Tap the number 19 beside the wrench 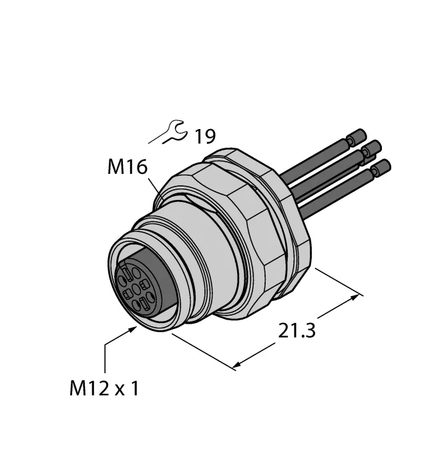(205, 136)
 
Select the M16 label (128, 166)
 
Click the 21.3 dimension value (296, 330)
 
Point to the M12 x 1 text (104, 388)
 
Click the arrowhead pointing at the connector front (134, 329)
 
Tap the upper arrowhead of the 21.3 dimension (355, 297)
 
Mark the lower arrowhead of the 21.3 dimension (237, 364)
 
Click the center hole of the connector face (136, 289)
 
